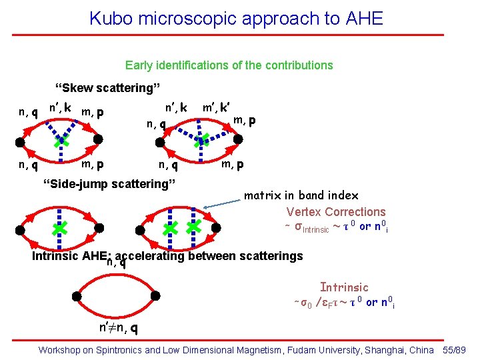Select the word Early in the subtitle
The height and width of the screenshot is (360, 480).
click(x=138, y=65)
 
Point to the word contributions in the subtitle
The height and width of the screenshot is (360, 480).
click(x=300, y=65)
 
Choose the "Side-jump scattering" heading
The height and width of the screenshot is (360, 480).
click(x=109, y=183)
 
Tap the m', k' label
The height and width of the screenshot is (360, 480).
click(x=217, y=107)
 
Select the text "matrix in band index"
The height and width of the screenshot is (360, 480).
click(x=301, y=195)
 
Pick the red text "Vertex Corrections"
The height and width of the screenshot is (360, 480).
click(x=335, y=212)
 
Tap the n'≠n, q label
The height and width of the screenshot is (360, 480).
click(x=119, y=328)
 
